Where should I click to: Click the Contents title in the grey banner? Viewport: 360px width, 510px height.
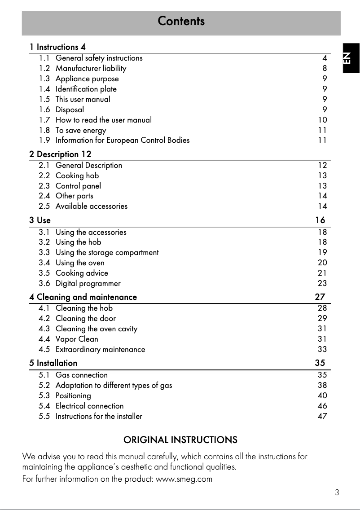point(181,21)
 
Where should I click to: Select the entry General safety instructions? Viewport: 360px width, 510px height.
point(99,58)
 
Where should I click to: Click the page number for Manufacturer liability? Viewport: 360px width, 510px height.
point(324,68)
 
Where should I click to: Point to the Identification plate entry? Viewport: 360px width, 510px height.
point(86,89)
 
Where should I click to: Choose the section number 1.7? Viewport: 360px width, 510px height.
point(44,120)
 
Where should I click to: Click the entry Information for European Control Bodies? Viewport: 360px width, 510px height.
point(122,140)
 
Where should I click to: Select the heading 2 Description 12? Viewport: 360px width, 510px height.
point(60,154)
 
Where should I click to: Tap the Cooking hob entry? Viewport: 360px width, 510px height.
point(77,176)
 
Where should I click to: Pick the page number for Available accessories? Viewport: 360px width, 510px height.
point(322,206)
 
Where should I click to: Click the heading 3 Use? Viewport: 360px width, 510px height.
point(40,220)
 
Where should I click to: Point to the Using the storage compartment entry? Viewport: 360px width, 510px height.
point(107,252)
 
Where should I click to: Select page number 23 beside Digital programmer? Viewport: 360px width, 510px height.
point(322,283)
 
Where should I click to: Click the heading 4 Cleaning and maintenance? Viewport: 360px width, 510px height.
point(83,297)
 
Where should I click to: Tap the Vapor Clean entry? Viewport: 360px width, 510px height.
point(76,339)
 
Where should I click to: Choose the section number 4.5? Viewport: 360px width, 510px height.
point(44,349)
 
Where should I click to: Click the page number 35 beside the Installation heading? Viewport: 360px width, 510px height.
point(320,363)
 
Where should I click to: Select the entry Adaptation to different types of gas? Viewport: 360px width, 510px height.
point(114,385)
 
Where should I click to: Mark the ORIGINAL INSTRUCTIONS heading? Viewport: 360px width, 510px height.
point(180,440)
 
